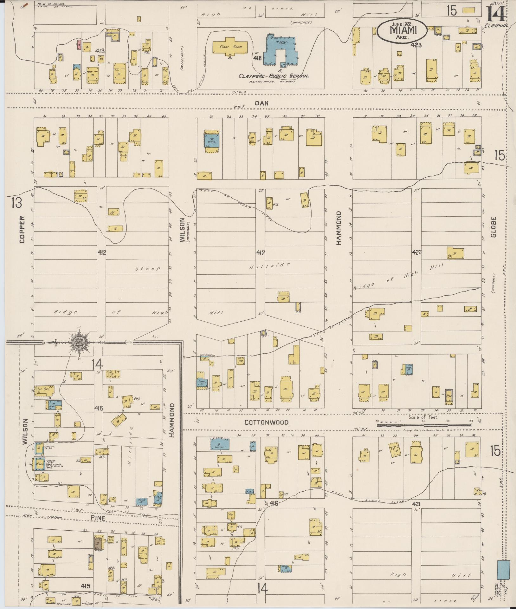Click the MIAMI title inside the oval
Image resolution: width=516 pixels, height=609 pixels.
click(x=403, y=30)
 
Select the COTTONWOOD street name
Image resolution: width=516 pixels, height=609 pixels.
click(x=267, y=422)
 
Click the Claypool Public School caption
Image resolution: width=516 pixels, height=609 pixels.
click(x=274, y=76)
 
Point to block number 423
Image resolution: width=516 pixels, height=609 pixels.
click(x=416, y=45)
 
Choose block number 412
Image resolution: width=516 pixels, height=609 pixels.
click(x=102, y=252)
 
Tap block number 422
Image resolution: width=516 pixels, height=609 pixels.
click(x=416, y=252)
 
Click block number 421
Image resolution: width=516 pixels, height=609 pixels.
click(x=416, y=504)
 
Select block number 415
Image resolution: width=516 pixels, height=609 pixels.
click(x=86, y=586)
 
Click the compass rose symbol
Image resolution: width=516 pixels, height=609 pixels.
click(x=78, y=342)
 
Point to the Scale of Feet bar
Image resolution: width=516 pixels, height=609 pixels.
click(x=423, y=425)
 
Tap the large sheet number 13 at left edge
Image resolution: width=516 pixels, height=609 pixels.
click(x=16, y=203)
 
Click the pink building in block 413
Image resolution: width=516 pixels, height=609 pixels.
click(x=79, y=44)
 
